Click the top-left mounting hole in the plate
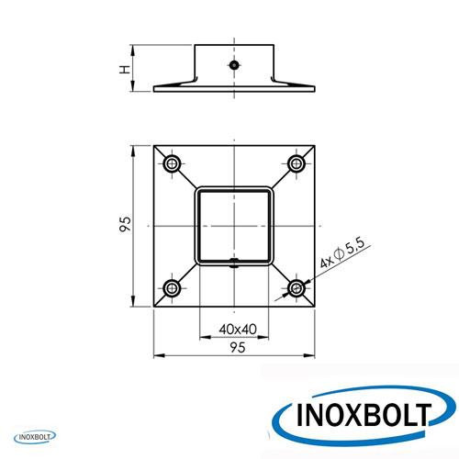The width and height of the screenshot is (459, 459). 173,163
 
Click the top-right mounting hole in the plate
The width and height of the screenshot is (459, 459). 297,163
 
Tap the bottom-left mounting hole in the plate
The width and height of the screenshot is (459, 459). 172,288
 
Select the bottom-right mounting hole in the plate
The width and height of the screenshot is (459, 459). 296,288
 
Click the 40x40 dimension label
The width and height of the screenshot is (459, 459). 238,330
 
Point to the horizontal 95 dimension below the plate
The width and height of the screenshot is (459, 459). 238,348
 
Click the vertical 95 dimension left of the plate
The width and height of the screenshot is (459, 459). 125,224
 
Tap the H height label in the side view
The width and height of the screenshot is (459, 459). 125,70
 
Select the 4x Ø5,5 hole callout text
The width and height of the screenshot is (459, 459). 342,253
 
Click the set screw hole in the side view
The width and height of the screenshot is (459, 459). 234,65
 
